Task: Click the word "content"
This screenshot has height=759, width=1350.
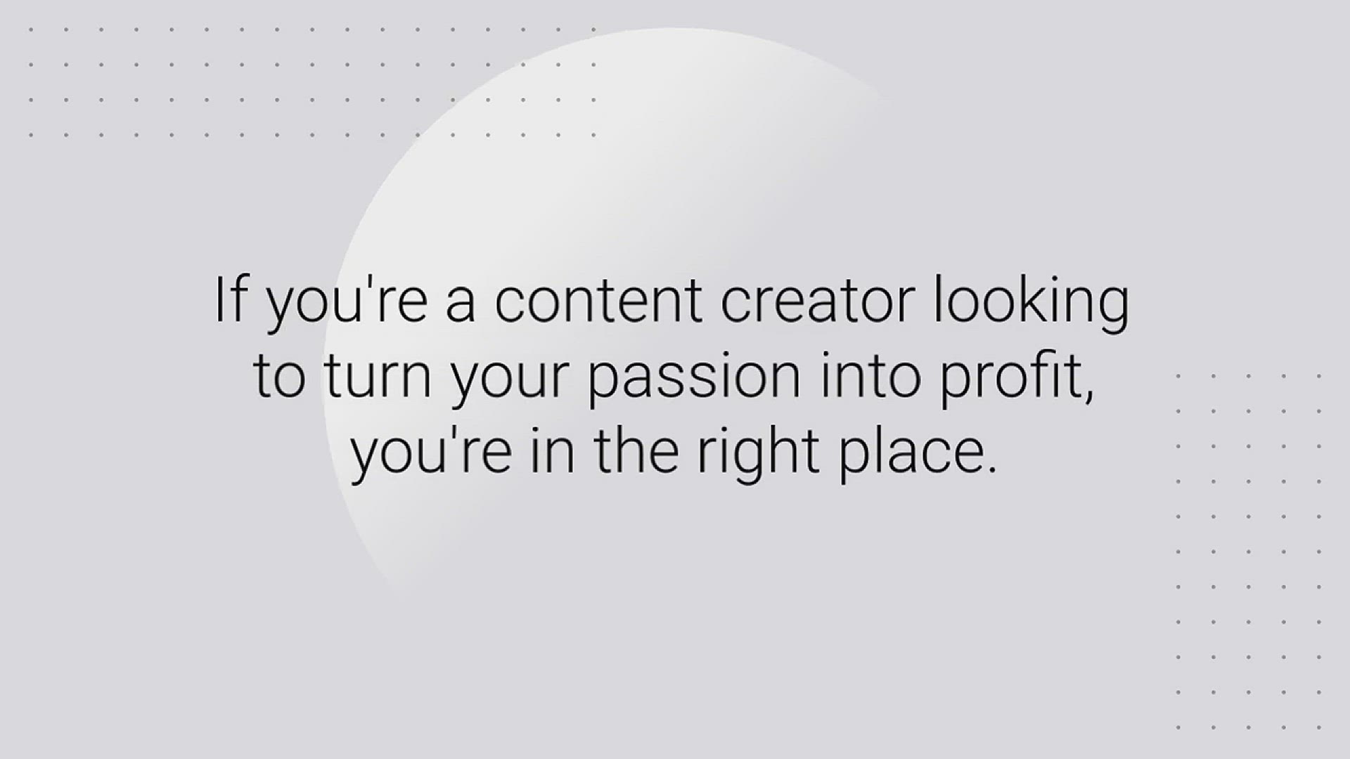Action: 598,302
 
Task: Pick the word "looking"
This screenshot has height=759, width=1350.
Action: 1031,306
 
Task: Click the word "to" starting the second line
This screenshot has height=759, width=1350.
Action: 279,377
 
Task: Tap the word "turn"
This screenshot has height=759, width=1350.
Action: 378,377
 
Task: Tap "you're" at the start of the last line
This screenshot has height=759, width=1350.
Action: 431,454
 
